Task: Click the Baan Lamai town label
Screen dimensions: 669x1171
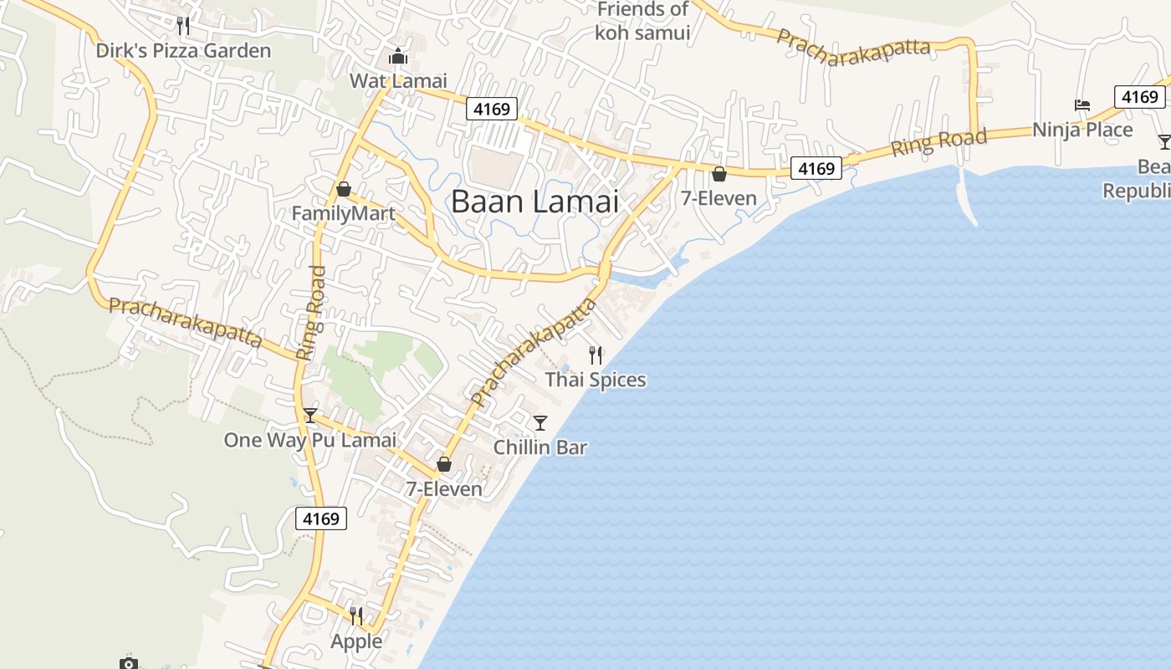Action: point(535,202)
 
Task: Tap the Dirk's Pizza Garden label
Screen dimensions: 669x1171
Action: point(183,51)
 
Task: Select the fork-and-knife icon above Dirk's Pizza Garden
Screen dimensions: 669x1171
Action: point(183,26)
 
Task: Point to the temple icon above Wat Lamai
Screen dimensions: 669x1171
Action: point(398,57)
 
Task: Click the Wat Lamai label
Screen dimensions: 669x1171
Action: point(398,81)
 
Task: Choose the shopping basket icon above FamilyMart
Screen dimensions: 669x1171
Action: point(343,189)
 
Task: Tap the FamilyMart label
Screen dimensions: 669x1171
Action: point(343,214)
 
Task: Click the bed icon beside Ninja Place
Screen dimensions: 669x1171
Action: point(1082,105)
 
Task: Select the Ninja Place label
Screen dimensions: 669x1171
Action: point(1082,130)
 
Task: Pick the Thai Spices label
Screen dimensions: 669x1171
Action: point(596,380)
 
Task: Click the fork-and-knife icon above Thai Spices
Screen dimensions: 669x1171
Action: point(596,355)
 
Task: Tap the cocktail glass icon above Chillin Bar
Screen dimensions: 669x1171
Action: point(540,422)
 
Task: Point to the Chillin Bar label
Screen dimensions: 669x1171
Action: point(540,447)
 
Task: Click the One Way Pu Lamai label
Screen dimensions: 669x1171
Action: point(309,440)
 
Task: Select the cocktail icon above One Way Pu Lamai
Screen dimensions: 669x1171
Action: point(310,415)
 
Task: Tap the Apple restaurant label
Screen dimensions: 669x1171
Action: point(356,641)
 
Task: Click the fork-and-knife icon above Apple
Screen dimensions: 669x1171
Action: point(356,616)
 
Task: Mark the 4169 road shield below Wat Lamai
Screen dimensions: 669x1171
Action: point(492,108)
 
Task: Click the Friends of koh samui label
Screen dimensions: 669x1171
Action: point(642,21)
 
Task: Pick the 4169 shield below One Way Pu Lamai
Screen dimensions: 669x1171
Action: point(321,518)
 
